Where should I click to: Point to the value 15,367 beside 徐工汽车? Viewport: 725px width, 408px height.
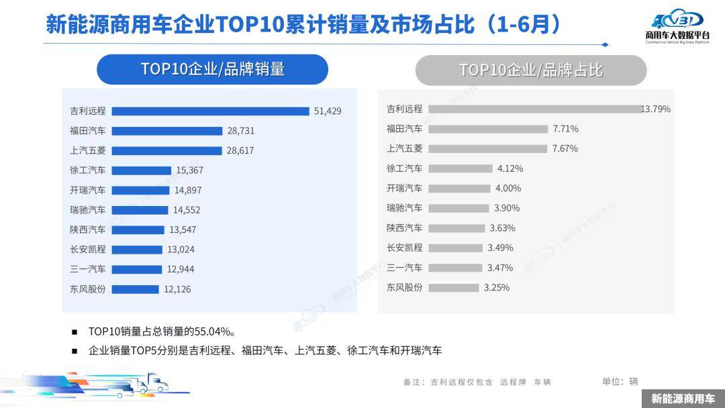(x=189, y=170)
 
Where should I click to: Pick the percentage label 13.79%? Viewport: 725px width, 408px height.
(x=656, y=109)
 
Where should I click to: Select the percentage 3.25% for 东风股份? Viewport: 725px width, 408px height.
(x=497, y=287)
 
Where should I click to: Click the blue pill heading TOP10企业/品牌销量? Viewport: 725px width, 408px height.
(x=212, y=69)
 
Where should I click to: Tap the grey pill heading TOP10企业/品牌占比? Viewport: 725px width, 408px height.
(x=530, y=70)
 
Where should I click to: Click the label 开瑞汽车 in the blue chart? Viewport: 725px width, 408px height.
(x=88, y=190)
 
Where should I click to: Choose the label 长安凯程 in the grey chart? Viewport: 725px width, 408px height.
(x=405, y=248)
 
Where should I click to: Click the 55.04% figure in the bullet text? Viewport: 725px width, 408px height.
(x=213, y=331)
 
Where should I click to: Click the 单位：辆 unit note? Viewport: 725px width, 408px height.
(x=620, y=381)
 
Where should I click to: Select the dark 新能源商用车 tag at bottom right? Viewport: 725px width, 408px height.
(x=683, y=399)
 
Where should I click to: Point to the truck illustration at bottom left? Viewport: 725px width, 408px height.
(x=151, y=383)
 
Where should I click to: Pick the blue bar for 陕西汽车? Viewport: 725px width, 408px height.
(x=137, y=229)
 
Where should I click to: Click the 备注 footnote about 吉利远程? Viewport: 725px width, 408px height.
(x=477, y=382)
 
